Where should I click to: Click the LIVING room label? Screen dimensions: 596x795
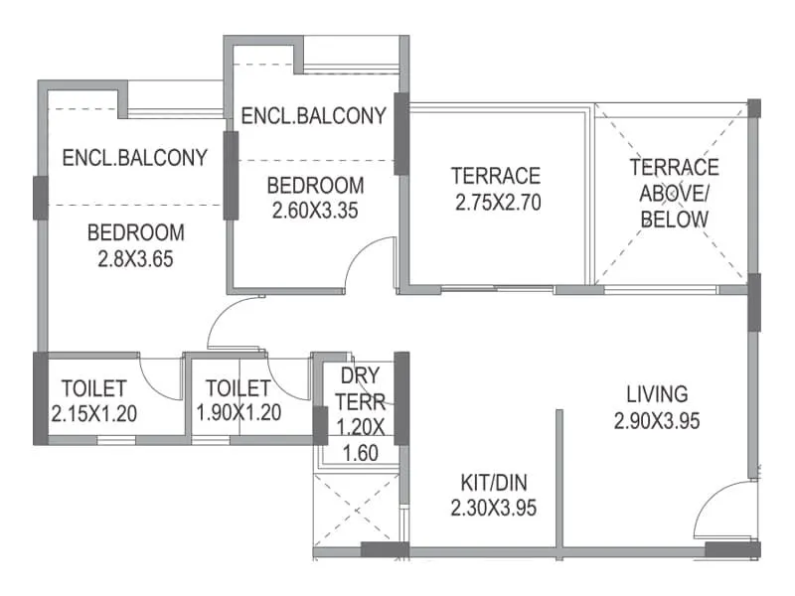(657, 393)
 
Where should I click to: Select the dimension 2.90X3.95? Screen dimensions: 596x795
(657, 420)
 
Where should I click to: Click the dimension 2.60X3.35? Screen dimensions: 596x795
(315, 210)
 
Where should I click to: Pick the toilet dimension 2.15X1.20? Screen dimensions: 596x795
(93, 412)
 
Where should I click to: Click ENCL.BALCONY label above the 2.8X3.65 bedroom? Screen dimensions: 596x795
(134, 157)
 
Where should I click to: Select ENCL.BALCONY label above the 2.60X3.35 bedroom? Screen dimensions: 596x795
(313, 115)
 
